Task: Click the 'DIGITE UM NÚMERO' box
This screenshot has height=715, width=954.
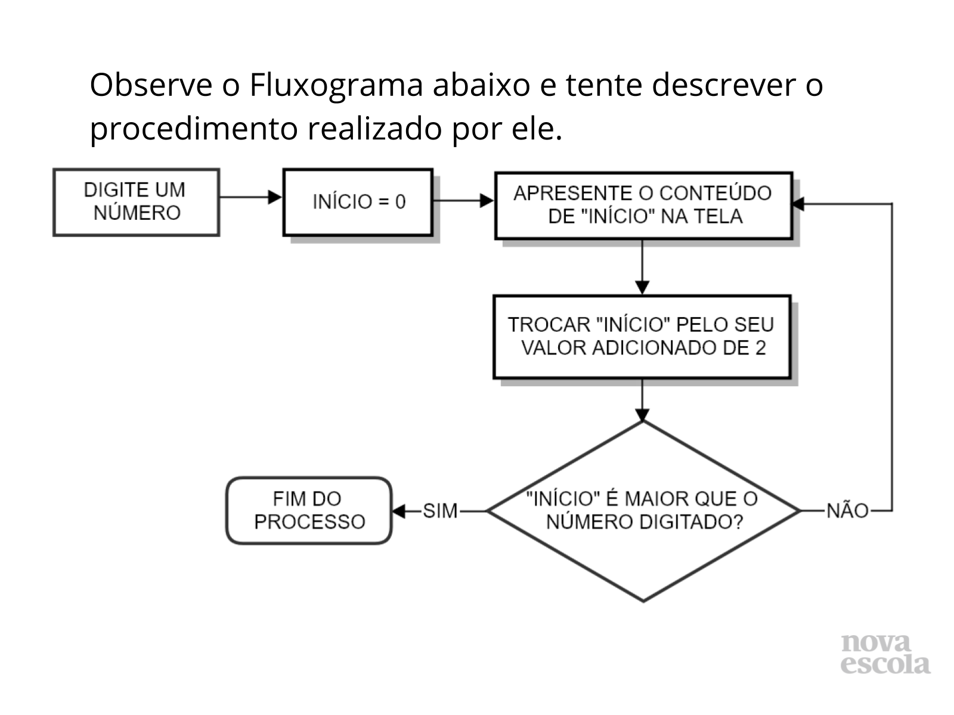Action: coord(136,202)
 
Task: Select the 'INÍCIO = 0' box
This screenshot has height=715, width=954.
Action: coord(358,202)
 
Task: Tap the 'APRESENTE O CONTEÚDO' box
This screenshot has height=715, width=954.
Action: coord(643,205)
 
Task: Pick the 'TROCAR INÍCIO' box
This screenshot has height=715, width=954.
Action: coord(642,336)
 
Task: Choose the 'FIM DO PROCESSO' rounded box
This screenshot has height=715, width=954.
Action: coord(309,511)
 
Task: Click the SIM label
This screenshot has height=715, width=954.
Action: coord(440,511)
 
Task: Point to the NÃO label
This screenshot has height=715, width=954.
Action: coord(847,511)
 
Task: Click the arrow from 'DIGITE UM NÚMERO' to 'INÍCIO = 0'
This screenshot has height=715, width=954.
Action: coord(251,197)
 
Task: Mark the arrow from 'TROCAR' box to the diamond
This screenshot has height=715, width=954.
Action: coord(642,400)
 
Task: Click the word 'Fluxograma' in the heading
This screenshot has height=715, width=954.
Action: coord(336,85)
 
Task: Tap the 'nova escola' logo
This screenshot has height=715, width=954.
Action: coord(885,654)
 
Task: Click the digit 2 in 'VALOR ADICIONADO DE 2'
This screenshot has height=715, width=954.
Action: coord(760,348)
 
